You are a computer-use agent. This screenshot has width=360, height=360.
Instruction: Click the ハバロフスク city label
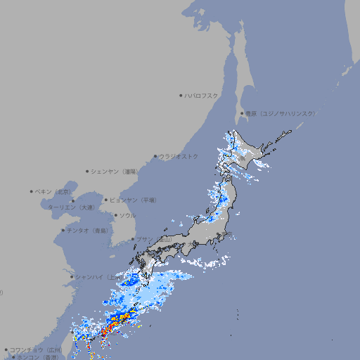(201, 95)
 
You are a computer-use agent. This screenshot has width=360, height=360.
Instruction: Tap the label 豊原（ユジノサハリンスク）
(280, 113)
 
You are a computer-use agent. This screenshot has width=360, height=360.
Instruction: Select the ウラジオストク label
(179, 156)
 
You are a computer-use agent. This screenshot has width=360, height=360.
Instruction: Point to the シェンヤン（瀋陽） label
(115, 171)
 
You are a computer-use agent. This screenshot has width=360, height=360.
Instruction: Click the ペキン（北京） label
(53, 191)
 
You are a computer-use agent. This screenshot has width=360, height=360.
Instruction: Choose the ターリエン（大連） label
(71, 207)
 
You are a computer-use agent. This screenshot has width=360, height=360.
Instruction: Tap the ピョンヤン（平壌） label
(133, 200)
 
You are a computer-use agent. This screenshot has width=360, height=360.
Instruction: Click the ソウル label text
(127, 215)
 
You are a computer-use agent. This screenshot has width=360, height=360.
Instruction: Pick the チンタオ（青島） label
(86, 230)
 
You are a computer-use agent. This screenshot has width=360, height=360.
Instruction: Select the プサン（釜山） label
(153, 240)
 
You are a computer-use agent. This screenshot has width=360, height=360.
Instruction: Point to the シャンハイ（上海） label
(98, 277)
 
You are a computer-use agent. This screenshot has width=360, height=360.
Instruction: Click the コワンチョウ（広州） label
(36, 349)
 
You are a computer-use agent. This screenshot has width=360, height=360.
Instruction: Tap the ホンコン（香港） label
(38, 357)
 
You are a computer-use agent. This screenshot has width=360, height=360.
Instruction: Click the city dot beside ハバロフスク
(181, 95)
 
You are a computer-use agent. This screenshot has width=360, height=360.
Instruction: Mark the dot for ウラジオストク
(155, 156)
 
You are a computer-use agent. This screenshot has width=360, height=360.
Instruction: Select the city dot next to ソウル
(115, 215)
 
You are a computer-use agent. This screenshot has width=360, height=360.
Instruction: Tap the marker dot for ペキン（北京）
(32, 191)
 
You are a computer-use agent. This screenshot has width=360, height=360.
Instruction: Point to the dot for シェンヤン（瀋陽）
(88, 171)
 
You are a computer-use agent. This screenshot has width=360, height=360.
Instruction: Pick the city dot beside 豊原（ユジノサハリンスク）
(241, 113)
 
